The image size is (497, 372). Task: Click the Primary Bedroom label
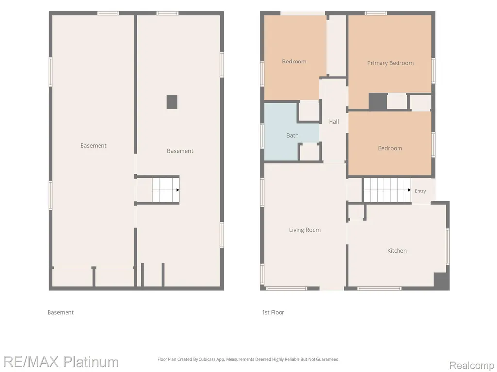[390, 63]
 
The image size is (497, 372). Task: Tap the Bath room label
[292, 136]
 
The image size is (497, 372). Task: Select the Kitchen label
[397, 251]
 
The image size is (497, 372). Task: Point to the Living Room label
[305, 230]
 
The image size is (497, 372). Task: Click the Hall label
[334, 122]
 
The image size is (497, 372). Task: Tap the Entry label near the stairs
[420, 191]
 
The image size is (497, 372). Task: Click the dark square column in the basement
[172, 102]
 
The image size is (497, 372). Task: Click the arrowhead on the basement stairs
[178, 190]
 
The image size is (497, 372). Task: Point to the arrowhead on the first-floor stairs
[409, 190]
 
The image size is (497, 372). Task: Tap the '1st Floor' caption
[273, 312]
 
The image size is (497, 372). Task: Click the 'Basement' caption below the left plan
[61, 312]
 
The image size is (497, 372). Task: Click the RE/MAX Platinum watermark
[61, 362]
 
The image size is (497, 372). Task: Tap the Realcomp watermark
[472, 365]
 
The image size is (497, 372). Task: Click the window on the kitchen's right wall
[448, 247]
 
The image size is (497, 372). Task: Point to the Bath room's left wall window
[262, 136]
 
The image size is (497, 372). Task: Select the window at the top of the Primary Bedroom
[376, 13]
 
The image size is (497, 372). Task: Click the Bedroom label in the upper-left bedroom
[294, 62]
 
